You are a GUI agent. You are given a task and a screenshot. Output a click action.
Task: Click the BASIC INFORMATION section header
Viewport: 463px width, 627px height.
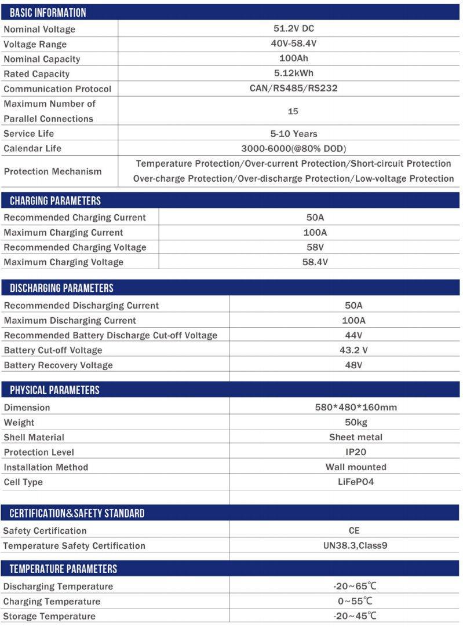tap(48, 13)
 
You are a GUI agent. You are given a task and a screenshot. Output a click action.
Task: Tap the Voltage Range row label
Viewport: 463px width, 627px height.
tap(35, 44)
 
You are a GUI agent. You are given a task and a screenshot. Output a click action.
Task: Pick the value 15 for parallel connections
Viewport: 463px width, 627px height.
tap(293, 111)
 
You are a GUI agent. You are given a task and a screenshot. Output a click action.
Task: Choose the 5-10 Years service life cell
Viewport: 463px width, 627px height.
tap(293, 133)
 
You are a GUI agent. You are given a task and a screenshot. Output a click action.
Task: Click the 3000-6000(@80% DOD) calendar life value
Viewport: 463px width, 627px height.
tap(293, 148)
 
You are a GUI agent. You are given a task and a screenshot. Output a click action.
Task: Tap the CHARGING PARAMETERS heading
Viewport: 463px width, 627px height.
tap(55, 201)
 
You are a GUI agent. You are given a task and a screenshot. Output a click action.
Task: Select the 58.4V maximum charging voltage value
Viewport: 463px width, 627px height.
tap(315, 262)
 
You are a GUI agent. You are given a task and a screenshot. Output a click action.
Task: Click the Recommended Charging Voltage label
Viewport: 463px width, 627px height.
tap(75, 247)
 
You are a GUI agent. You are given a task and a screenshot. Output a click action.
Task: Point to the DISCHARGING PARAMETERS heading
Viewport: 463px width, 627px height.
tap(61, 288)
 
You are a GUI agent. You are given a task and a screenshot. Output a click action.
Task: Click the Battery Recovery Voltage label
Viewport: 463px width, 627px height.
tap(58, 365)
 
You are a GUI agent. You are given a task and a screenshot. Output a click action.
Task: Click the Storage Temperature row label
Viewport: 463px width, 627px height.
tap(49, 616)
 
